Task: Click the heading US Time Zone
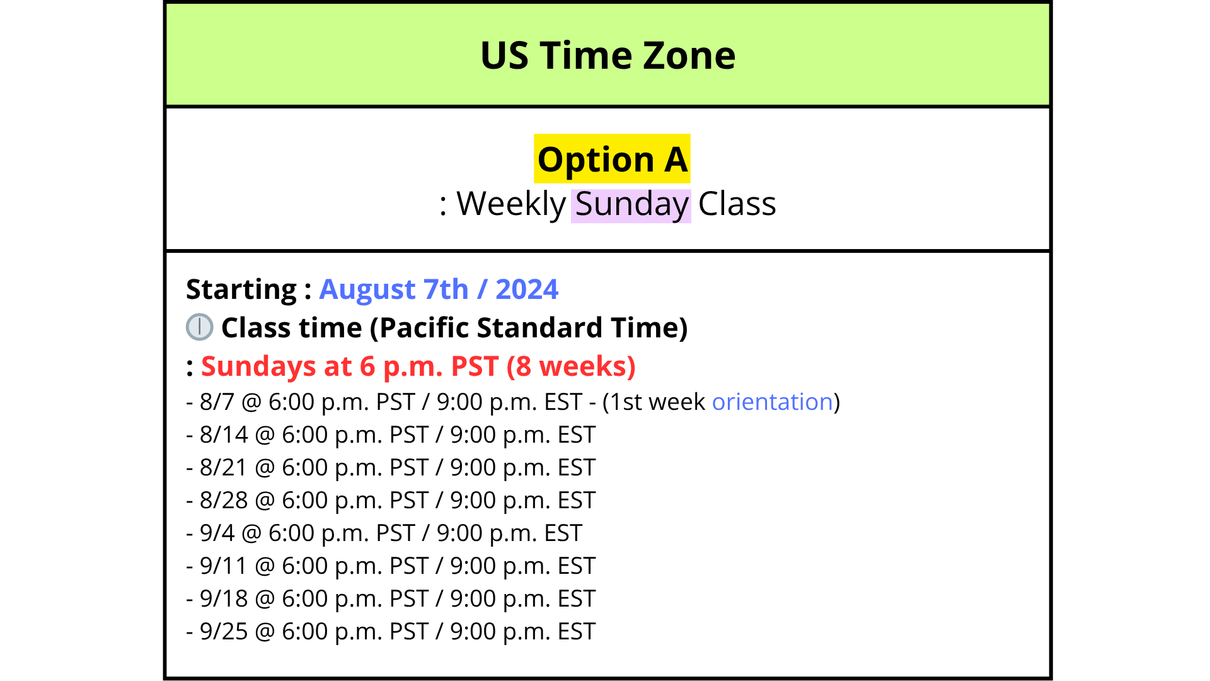[608, 55]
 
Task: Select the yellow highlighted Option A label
[612, 159]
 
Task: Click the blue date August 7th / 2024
[439, 289]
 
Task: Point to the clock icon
[200, 327]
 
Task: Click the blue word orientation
[773, 402]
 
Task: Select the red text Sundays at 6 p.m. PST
[350, 366]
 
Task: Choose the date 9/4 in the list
[217, 533]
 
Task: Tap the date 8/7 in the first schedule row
[217, 402]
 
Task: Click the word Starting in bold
[241, 290]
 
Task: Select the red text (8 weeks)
[571, 366]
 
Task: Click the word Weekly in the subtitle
[511, 205]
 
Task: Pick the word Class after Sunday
[737, 204]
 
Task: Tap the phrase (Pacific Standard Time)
[529, 328]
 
